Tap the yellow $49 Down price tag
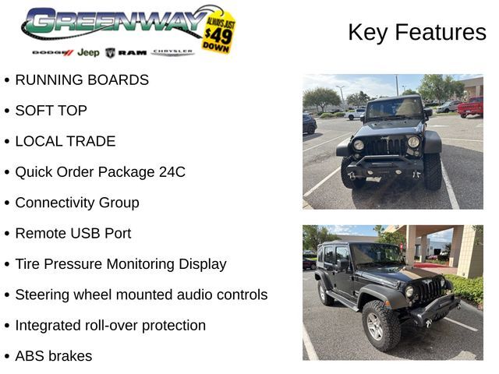219,33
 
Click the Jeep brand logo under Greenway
88,52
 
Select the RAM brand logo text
133,52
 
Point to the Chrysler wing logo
172,52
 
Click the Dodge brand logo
53,52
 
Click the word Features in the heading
441,32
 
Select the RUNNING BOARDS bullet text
82,79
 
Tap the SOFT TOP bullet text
51,111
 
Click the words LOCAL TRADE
65,141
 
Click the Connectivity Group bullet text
77,203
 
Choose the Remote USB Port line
73,234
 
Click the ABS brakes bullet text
54,356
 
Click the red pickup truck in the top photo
471,107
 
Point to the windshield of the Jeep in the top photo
395,108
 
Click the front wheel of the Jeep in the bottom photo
381,326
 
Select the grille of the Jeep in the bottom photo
430,290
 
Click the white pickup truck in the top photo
356,114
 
